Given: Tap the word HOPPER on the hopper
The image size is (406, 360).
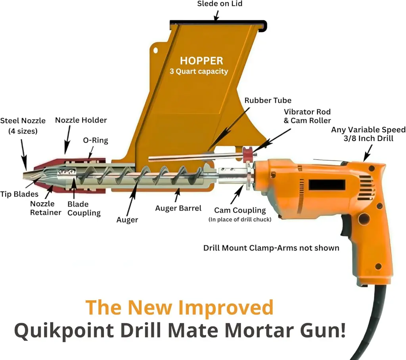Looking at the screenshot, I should pos(201,61).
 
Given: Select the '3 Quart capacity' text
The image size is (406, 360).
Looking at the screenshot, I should pos(201,72).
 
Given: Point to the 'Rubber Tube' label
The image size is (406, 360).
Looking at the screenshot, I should pos(268,101).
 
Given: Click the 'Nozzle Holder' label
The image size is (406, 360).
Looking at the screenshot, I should pos(81,120).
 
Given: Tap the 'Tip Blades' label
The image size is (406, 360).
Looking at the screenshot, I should pos(19,194).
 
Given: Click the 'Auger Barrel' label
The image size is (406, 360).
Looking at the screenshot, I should pos(178,208).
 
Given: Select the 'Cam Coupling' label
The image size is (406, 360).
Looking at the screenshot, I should pos(240,210).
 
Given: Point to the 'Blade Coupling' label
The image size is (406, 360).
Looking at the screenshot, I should pos(84,209).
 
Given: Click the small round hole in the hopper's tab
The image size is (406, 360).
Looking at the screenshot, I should pos(156,50).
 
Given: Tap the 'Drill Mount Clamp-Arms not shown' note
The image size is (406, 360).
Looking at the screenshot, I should pos(271,248).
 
